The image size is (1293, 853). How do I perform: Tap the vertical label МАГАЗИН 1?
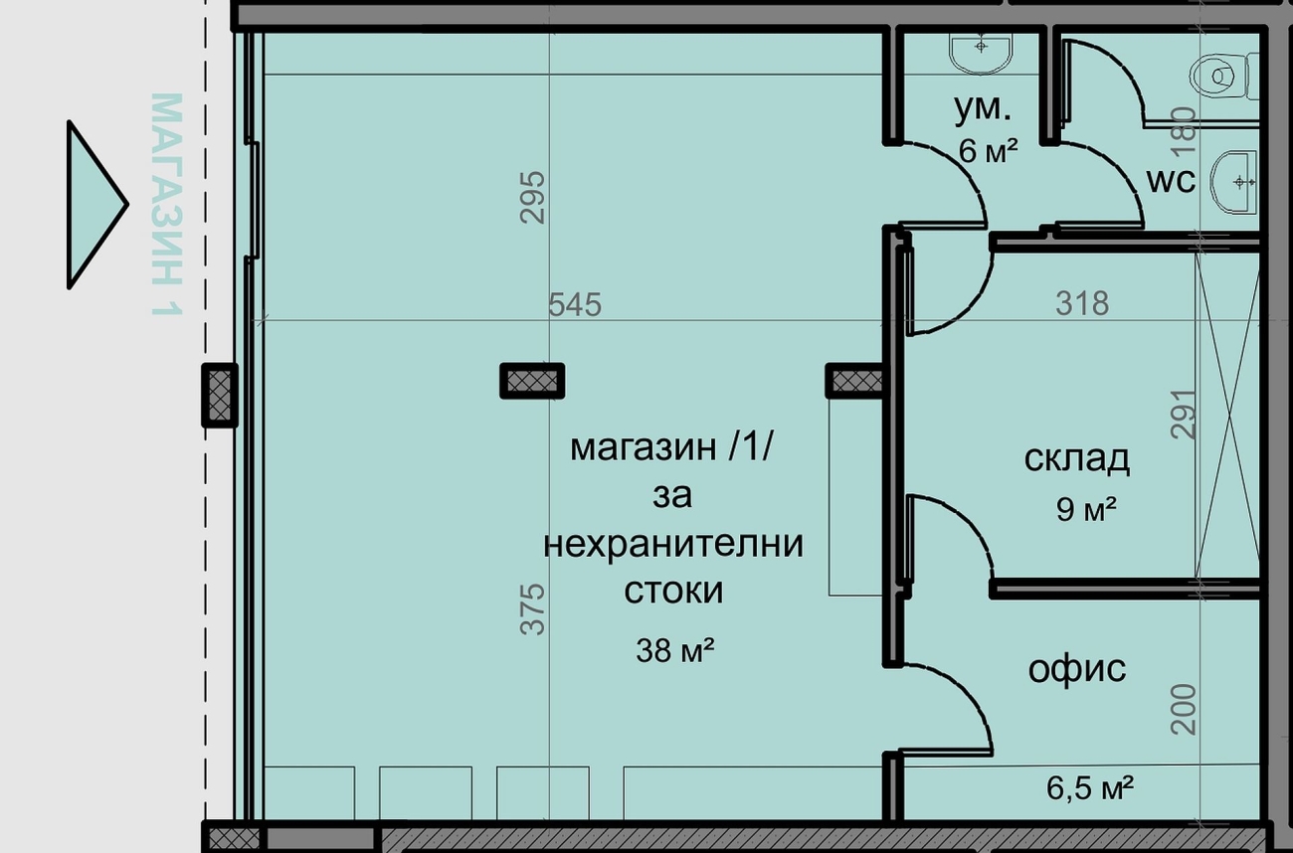click(167, 205)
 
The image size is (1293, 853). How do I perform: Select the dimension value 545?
click(574, 304)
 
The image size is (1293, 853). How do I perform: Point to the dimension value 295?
click(532, 198)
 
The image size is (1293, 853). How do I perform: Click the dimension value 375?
click(532, 609)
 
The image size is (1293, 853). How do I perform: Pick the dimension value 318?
click(1082, 303)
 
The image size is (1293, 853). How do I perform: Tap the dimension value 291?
click(1184, 414)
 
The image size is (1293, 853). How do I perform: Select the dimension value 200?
click(1184, 709)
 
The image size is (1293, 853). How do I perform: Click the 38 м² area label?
click(674, 650)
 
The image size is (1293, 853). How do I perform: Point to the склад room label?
click(1077, 459)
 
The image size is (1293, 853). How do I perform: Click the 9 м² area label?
click(1086, 509)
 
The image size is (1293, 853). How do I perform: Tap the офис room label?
click(1077, 669)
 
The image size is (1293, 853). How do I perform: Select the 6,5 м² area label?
click(1090, 787)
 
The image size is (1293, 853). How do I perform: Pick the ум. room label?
click(983, 109)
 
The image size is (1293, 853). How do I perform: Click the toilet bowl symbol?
click(1223, 76)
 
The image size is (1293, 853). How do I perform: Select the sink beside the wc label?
click(1234, 182)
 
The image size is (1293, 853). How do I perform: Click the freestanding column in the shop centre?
click(532, 381)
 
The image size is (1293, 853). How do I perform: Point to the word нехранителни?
click(673, 544)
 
